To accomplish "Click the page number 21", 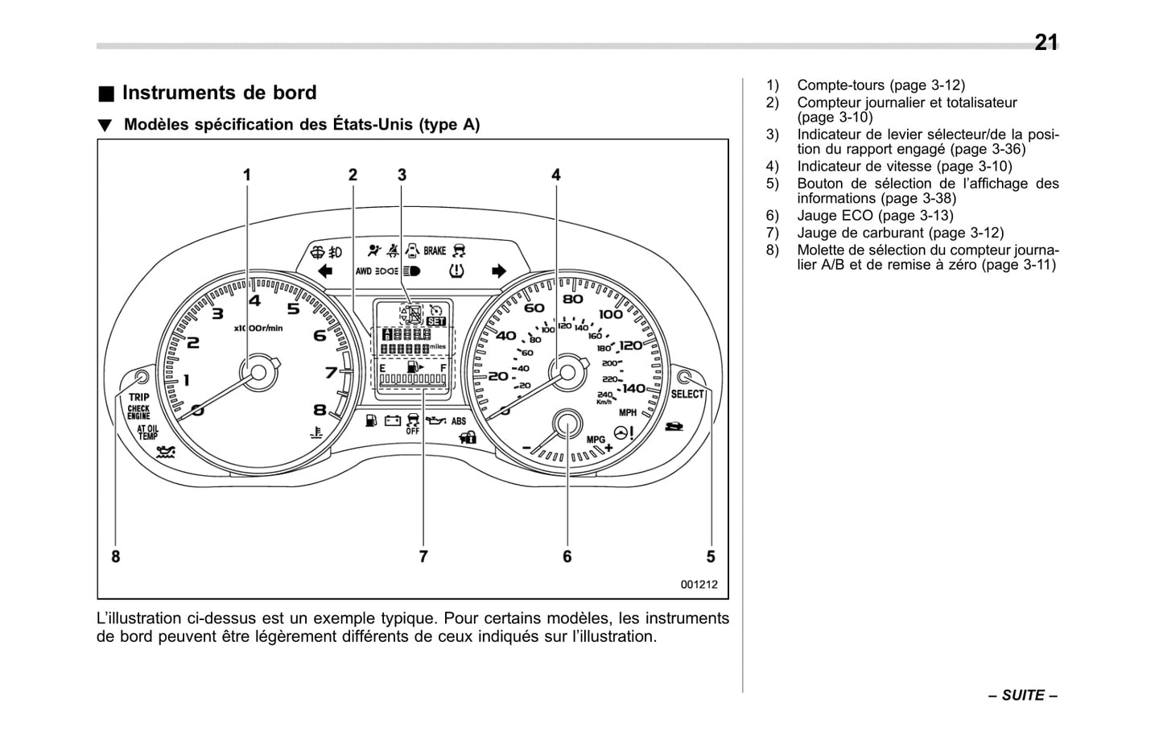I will tap(1045, 42).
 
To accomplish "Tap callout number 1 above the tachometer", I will tap(247, 175).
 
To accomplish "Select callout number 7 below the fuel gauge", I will tap(423, 556).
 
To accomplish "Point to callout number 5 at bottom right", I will tap(711, 556).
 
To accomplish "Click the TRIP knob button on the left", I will tap(142, 376).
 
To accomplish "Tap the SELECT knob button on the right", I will tap(685, 376).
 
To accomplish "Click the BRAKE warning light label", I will tap(435, 250).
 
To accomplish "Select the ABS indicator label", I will tap(458, 421).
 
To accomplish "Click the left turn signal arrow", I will tap(325, 271).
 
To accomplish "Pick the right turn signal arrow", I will tap(499, 271).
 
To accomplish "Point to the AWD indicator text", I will tap(364, 271).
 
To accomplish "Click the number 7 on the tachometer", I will tap(331, 372).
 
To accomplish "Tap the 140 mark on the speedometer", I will tap(633, 388).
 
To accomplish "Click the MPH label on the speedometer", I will tap(628, 412).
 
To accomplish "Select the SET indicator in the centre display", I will tap(436, 321).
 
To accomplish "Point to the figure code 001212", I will tap(699, 585).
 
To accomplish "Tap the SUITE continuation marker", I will tap(1023, 695).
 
